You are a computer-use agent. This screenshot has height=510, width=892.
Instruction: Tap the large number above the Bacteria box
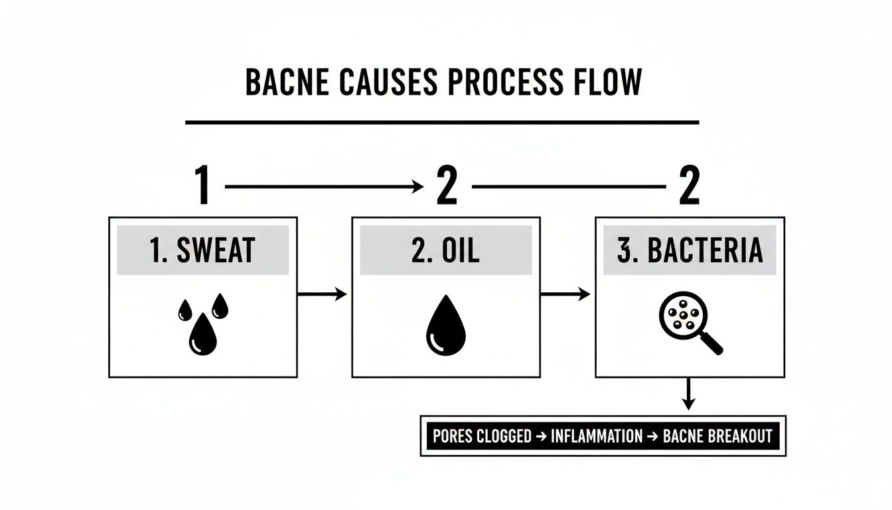click(x=689, y=186)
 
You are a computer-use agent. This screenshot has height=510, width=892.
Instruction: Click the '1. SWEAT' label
click(x=203, y=250)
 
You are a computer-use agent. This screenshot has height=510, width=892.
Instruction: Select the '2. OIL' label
click(x=445, y=250)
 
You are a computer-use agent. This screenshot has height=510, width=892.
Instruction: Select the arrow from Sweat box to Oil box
click(x=322, y=294)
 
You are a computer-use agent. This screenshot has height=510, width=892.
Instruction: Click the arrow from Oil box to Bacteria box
click(x=565, y=294)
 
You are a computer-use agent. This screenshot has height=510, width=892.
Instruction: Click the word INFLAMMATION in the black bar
click(x=596, y=436)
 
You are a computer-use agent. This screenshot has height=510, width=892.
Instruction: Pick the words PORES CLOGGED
click(x=482, y=436)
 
